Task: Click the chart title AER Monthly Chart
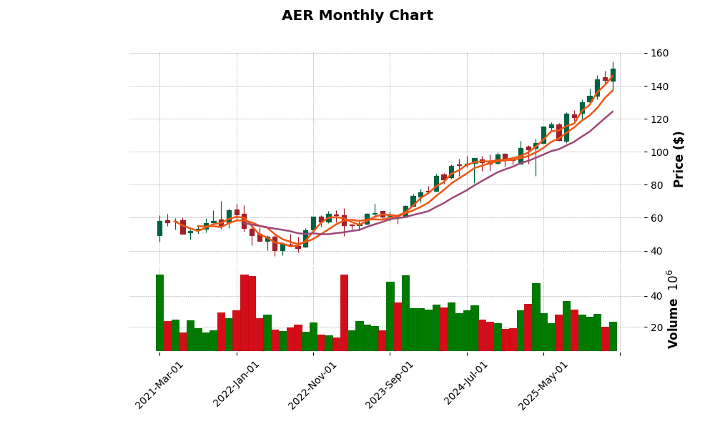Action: pos(357,16)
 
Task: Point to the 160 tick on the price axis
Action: pos(659,54)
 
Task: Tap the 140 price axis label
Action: pos(659,87)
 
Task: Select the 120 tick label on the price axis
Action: pos(659,119)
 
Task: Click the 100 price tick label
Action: pos(659,152)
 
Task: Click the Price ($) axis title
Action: pos(679,159)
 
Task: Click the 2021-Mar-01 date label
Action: pos(159,385)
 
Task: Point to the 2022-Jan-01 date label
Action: pos(237,385)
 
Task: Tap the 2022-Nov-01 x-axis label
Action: pos(312,385)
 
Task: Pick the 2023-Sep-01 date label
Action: pos(390,385)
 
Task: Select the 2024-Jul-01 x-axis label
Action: pos(466,385)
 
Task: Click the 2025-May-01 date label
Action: pos(543,385)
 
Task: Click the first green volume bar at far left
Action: pos(159,312)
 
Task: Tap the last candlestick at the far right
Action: pos(613,74)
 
